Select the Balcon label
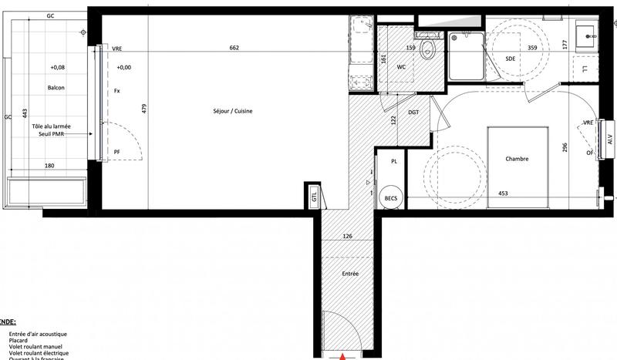56,88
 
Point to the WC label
401,67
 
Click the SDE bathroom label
510,59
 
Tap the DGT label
413,113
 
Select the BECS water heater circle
390,198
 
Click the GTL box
314,197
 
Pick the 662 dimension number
234,48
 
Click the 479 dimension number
143,109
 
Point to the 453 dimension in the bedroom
503,193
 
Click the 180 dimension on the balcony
49,166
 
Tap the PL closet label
393,162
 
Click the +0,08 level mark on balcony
59,68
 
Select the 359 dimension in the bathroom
532,48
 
